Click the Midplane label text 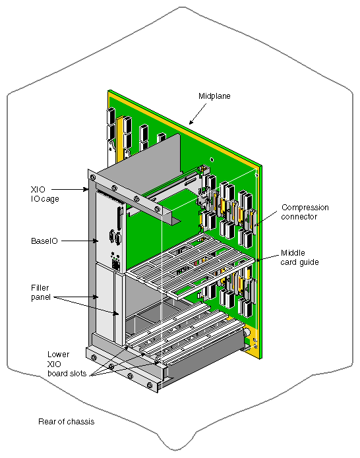click(x=214, y=96)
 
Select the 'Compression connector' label click(x=305, y=212)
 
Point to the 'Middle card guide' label click(x=301, y=257)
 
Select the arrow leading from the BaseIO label click(x=78, y=241)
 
